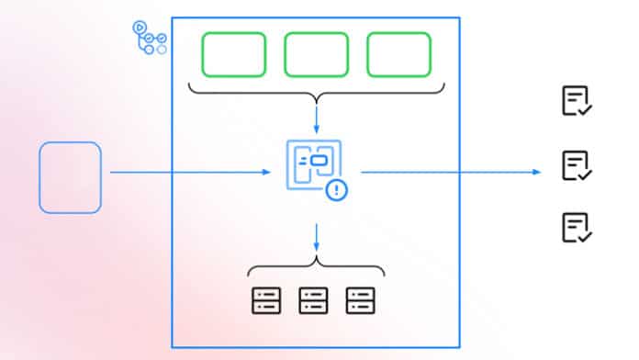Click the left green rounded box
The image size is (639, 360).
click(x=234, y=55)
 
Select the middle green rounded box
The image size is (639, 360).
click(x=316, y=55)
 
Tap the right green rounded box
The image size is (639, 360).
click(x=398, y=55)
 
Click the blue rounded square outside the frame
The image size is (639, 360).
click(x=70, y=177)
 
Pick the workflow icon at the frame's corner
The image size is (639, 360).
click(x=150, y=36)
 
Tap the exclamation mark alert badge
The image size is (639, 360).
click(x=338, y=191)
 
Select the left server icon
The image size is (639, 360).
click(x=265, y=299)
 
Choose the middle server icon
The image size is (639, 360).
click(x=313, y=299)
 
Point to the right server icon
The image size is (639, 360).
click(x=361, y=299)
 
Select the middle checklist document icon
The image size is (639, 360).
click(x=576, y=164)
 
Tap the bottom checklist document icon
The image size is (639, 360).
click(x=576, y=227)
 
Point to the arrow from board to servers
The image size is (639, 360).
click(x=316, y=237)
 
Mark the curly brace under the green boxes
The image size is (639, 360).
click(x=316, y=93)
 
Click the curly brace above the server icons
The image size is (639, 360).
click(x=316, y=267)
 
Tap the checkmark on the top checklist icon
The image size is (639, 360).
click(x=586, y=110)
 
